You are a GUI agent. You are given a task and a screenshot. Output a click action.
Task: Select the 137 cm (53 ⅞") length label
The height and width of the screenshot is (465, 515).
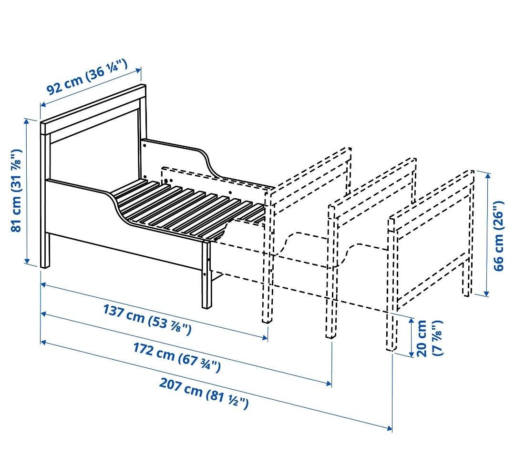[147, 319]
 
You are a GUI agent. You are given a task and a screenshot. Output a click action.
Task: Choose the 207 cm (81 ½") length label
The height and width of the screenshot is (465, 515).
[204, 393]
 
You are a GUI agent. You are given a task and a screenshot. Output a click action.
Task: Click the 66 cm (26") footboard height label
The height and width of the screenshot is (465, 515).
[499, 236]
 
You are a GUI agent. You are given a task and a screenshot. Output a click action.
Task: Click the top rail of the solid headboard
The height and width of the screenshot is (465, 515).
[93, 106]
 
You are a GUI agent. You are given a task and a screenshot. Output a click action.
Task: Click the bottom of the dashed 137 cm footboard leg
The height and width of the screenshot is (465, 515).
[268, 320]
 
